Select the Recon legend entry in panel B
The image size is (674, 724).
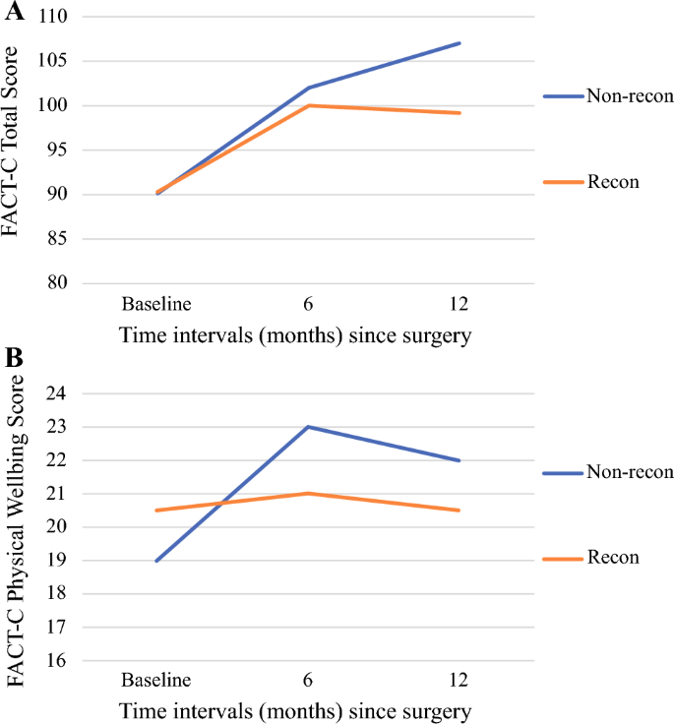[613, 558]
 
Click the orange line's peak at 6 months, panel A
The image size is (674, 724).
[309, 105]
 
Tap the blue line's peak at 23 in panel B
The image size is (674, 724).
[309, 427]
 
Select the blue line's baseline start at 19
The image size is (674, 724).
[156, 561]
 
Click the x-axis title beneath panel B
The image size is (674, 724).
[295, 709]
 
